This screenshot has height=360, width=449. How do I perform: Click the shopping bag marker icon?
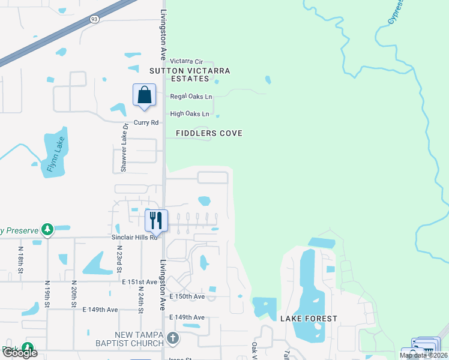tap(144, 95)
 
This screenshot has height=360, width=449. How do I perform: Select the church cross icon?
tap(173, 338)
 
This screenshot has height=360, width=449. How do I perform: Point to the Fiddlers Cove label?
tap(209, 133)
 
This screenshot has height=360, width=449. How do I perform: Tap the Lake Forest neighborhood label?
tap(309, 319)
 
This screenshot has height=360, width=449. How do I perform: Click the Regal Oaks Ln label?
tap(191, 96)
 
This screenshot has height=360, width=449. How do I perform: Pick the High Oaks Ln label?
tap(190, 113)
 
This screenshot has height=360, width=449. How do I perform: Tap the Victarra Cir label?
tap(187, 61)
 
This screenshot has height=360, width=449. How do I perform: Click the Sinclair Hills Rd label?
tap(134, 237)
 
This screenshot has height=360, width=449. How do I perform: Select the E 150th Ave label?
tap(187, 296)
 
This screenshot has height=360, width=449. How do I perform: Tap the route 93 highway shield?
tap(94, 20)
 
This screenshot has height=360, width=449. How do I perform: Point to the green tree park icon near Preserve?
tap(47, 229)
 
